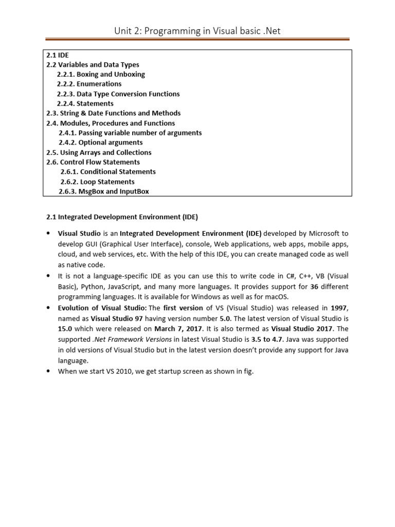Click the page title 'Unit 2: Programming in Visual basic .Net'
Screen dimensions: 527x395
click(x=197, y=31)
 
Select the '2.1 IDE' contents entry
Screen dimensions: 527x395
click(x=57, y=55)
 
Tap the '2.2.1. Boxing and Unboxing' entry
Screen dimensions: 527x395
click(x=101, y=74)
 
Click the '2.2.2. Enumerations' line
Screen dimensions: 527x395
click(x=89, y=84)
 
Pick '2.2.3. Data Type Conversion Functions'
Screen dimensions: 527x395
click(x=118, y=94)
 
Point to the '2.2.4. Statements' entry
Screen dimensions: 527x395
click(x=85, y=103)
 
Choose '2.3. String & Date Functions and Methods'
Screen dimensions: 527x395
click(x=113, y=113)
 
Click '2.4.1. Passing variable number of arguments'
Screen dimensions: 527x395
click(x=130, y=133)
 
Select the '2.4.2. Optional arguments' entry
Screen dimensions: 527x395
click(x=101, y=143)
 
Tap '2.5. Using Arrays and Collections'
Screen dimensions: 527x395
click(x=99, y=152)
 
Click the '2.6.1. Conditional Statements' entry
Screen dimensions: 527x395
click(x=108, y=172)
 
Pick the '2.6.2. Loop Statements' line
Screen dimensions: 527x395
click(x=97, y=182)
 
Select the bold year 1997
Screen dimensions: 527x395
click(x=338, y=308)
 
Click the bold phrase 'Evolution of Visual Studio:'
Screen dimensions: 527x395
click(x=102, y=308)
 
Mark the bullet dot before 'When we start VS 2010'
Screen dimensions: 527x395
click(x=48, y=371)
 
